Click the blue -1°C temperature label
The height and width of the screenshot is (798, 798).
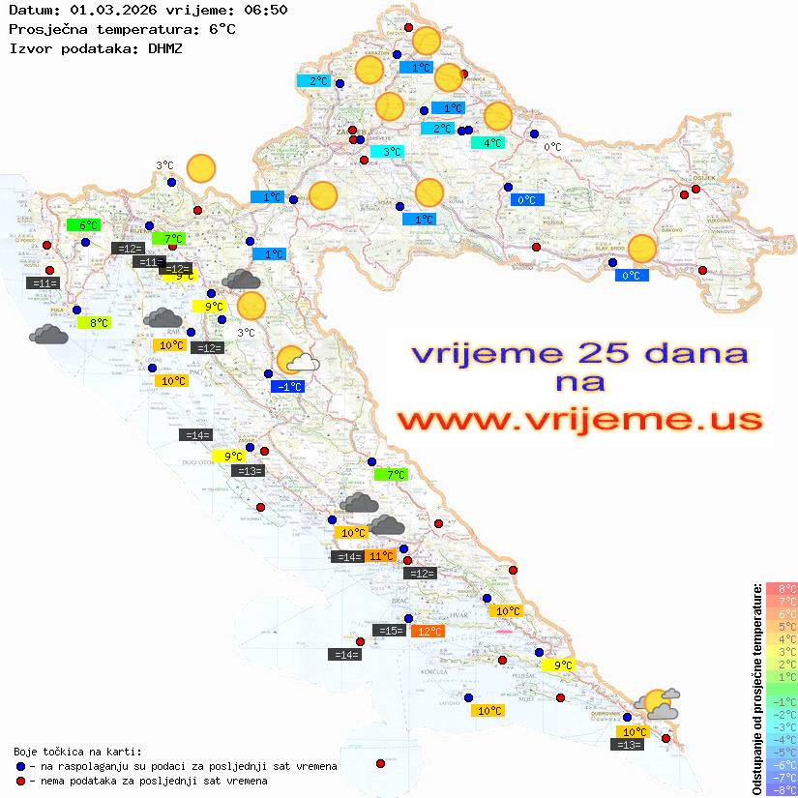(x=288, y=387)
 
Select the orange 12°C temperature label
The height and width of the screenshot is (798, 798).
(x=427, y=632)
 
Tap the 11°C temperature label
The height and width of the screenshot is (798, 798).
(x=381, y=556)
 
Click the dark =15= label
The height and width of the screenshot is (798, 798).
(x=390, y=631)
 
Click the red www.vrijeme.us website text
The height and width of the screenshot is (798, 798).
(x=578, y=420)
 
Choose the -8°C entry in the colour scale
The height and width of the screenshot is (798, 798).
(x=782, y=789)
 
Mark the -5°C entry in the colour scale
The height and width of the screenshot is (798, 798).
(x=782, y=752)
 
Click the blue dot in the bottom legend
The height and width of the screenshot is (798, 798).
(x=20, y=766)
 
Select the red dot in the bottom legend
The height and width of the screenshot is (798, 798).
(x=20, y=780)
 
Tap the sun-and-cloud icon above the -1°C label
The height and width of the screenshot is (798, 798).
(x=298, y=362)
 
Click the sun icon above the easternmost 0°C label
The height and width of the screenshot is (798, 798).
(x=641, y=249)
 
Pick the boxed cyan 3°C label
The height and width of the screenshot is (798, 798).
(x=387, y=152)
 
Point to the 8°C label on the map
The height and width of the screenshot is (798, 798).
(x=99, y=323)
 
